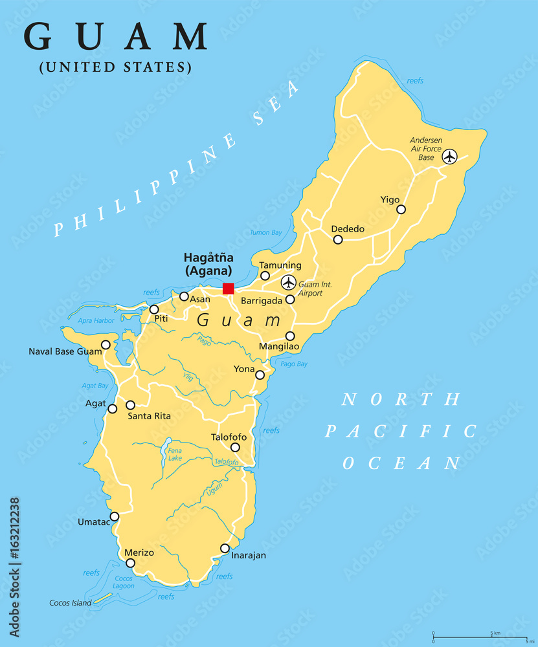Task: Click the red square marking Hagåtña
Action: [x=228, y=289]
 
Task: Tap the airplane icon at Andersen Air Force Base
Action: [x=449, y=157]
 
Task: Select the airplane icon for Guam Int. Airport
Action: [x=288, y=282]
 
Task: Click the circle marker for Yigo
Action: [x=401, y=209]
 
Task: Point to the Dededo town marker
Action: [x=338, y=239]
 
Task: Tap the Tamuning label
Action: [x=280, y=265]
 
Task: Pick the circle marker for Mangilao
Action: [x=290, y=336]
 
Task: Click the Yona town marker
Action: [x=260, y=375]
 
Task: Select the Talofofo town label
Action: [x=229, y=437]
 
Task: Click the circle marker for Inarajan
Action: [x=225, y=549]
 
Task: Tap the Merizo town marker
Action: [x=130, y=563]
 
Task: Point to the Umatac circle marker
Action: [x=115, y=516]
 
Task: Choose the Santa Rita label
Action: [x=149, y=416]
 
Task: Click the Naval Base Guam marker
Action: [x=106, y=345]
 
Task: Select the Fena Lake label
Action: [x=175, y=454]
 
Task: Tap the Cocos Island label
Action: [x=71, y=603]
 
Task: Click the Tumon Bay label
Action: [x=266, y=232]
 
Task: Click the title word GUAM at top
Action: [x=117, y=37]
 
